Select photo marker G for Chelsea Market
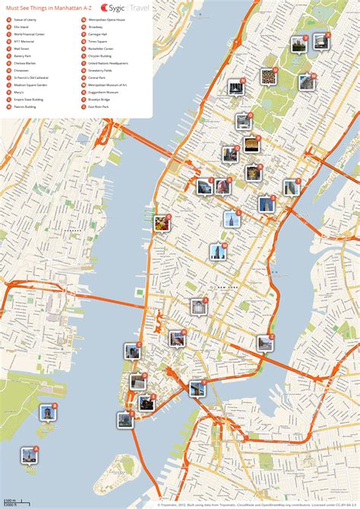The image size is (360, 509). pyautogui.click(x=162, y=223)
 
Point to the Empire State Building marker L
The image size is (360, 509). pyautogui.click(x=232, y=219)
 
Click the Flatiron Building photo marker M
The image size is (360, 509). pyautogui.click(x=218, y=251)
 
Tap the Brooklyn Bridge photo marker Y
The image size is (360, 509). pyautogui.click(x=197, y=388)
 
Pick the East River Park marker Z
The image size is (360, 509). pyautogui.click(x=265, y=343)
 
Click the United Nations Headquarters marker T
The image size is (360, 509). pyautogui.click(x=292, y=187)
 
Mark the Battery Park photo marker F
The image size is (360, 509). pyautogui.click(x=125, y=419)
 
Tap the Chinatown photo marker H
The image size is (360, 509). pyautogui.click(x=177, y=339)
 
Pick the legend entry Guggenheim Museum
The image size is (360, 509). pyautogui.click(x=103, y=91)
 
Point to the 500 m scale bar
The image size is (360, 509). pyautogui.click(x=10, y=502)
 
